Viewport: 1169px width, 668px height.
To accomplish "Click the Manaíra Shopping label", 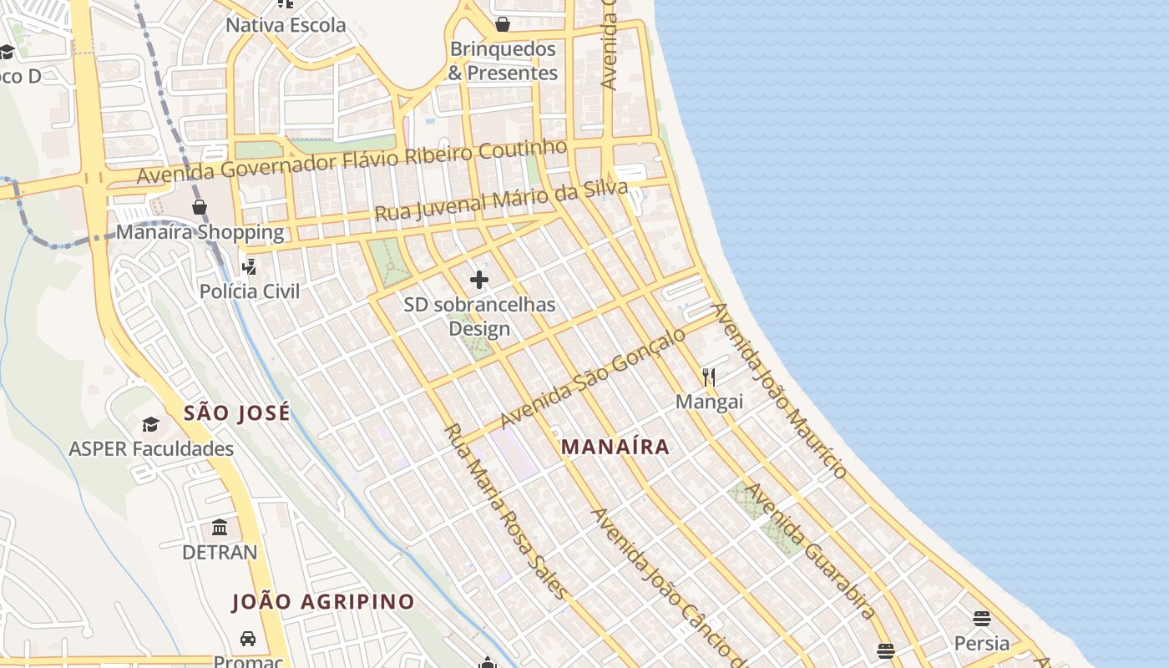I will (x=200, y=231).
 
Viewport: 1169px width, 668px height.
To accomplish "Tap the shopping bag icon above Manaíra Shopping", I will (x=200, y=207).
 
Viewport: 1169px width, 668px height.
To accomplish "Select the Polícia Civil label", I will (x=249, y=291).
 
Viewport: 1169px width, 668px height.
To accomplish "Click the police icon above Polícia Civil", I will (x=249, y=267).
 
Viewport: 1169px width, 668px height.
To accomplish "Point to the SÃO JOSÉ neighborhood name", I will (x=237, y=412).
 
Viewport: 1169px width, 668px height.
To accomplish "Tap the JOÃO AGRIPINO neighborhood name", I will (x=323, y=601).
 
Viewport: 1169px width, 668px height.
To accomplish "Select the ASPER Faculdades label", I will (x=151, y=448).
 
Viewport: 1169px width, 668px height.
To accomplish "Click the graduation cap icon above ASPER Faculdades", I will (x=151, y=424).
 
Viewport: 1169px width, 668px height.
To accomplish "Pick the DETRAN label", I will (x=220, y=552).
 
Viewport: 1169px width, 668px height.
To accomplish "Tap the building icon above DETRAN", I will (x=220, y=528).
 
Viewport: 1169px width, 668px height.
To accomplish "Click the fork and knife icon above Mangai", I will (x=709, y=377).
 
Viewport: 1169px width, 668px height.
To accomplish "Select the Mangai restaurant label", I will (x=709, y=402).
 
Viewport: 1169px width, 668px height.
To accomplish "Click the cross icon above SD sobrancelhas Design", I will (x=479, y=280).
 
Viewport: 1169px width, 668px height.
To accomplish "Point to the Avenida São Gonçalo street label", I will (x=593, y=377).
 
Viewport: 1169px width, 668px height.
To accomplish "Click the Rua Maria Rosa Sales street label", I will (x=506, y=511).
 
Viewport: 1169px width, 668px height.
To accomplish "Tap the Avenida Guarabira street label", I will (x=809, y=551).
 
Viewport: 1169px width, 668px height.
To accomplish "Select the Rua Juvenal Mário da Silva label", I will (x=501, y=203).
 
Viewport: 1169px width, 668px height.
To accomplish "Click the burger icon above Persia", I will (x=982, y=619).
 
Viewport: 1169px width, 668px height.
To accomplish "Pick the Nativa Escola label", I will (x=286, y=25).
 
